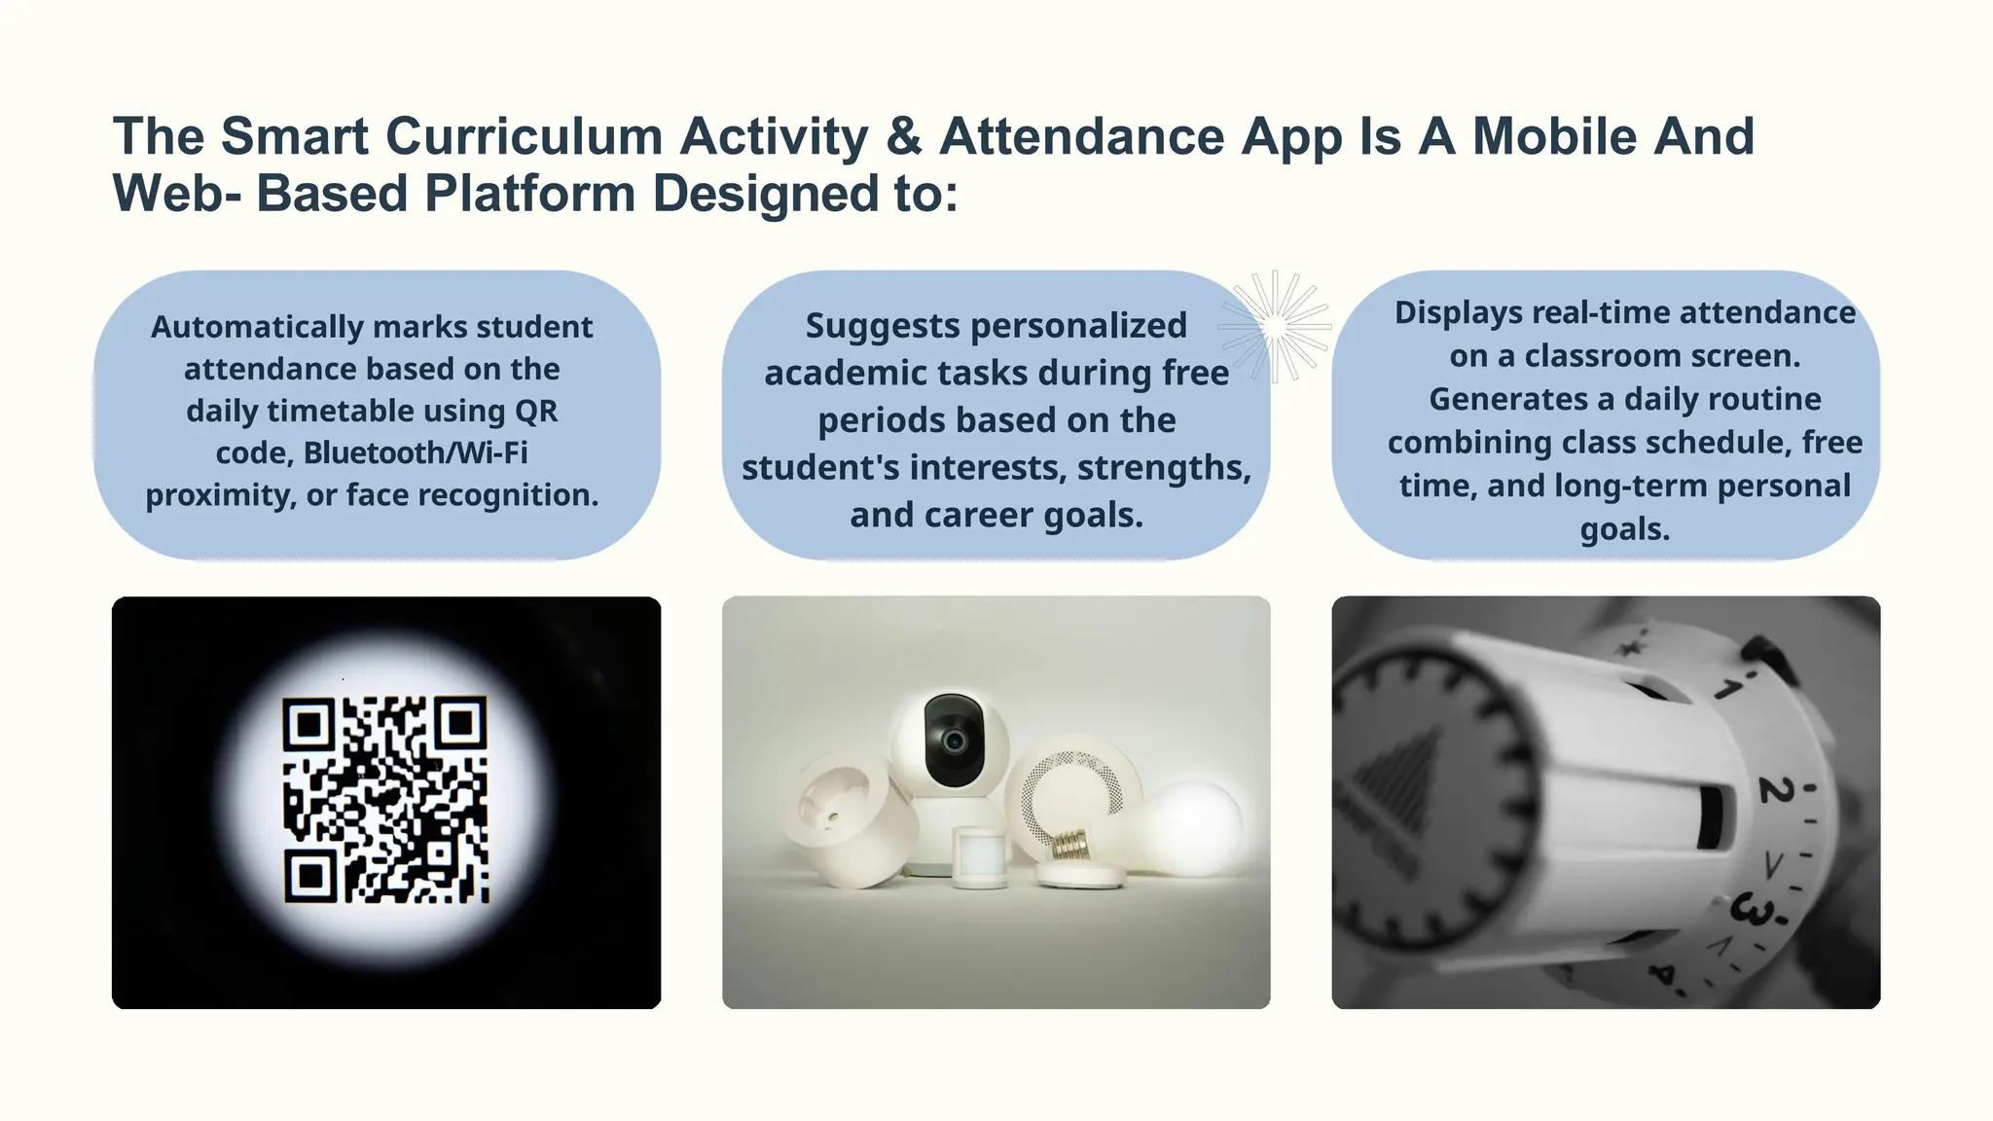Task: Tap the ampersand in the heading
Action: click(x=904, y=136)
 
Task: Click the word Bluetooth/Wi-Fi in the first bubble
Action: click(x=416, y=452)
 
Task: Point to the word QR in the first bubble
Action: click(x=535, y=411)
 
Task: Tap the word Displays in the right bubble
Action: click(x=1458, y=312)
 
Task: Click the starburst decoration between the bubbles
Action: click(x=1275, y=326)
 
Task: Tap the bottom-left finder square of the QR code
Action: click(x=310, y=876)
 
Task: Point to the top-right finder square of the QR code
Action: click(x=460, y=723)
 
